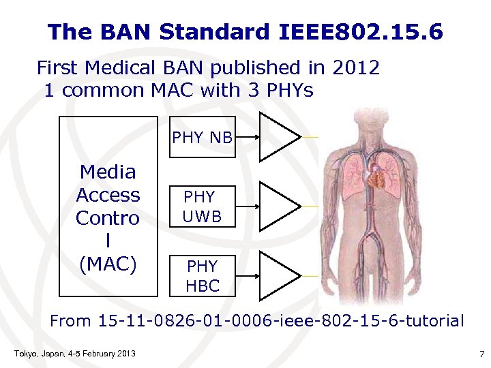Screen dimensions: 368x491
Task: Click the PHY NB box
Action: tap(203, 138)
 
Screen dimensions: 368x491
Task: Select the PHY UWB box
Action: tap(203, 206)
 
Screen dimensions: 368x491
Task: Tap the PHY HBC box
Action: tap(203, 275)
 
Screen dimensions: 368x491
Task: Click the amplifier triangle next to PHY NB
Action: tap(278, 137)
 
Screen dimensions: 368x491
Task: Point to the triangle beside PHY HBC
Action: tap(278, 275)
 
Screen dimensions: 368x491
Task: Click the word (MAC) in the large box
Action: tap(108, 264)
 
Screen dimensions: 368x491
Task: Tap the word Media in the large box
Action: tap(108, 172)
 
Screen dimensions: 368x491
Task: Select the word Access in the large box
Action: tap(108, 195)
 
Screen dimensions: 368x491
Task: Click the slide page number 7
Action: tap(481, 353)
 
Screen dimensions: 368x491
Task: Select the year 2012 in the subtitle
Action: tap(355, 67)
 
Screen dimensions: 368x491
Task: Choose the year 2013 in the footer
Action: tap(125, 353)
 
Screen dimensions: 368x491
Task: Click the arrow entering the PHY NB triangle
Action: tap(248, 138)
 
